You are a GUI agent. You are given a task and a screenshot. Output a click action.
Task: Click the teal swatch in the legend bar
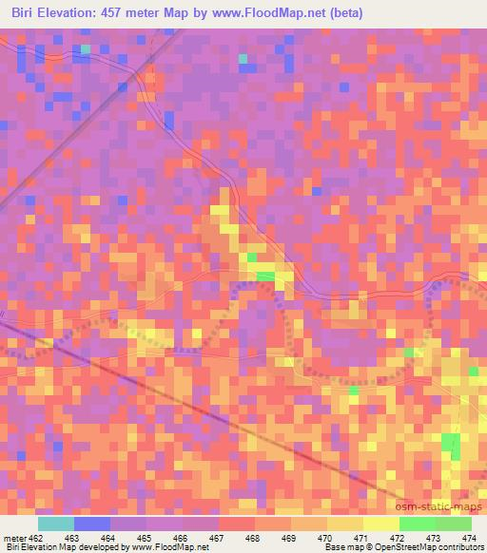56,524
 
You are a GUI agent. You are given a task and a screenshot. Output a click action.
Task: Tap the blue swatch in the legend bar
92,524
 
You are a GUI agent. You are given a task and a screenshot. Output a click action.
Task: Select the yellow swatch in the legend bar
381,524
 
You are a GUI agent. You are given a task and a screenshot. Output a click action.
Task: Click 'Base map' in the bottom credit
344,548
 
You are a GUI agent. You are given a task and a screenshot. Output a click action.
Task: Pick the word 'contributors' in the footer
463,548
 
